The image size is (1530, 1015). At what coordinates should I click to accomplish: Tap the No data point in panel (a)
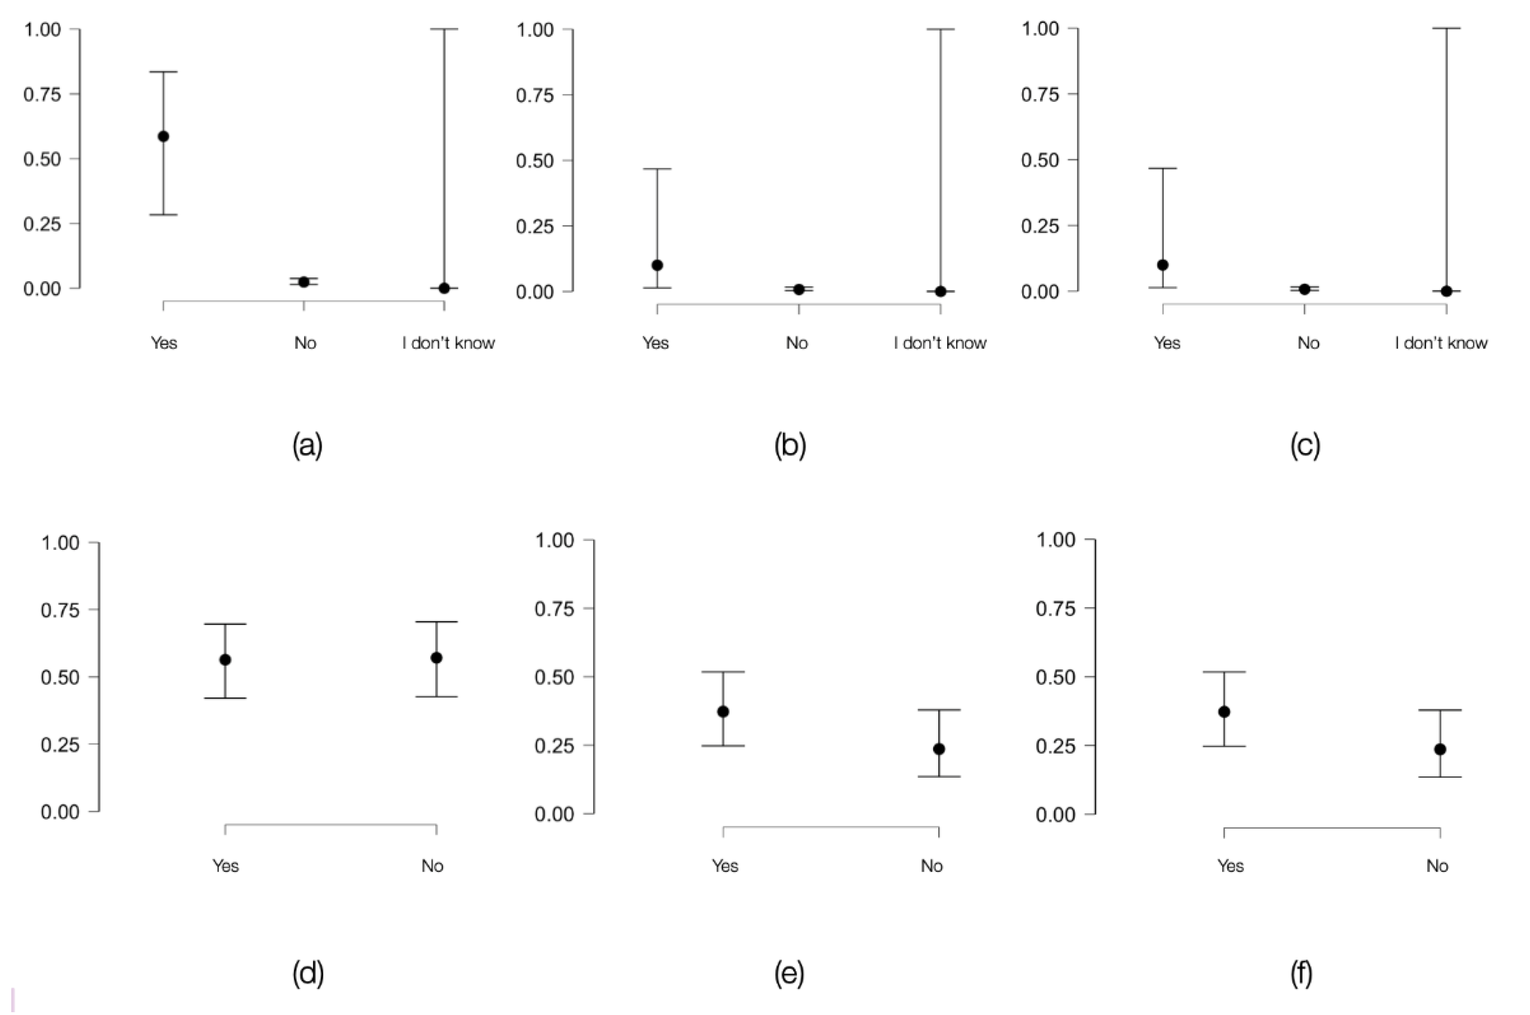pyautogui.click(x=304, y=282)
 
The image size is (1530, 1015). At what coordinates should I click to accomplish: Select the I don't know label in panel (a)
pyautogui.click(x=448, y=342)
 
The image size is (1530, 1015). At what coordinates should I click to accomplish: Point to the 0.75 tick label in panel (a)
pyautogui.click(x=42, y=94)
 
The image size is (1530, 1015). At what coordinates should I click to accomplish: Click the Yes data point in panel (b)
pyautogui.click(x=657, y=265)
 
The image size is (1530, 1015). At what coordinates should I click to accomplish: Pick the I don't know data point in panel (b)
pyautogui.click(x=941, y=291)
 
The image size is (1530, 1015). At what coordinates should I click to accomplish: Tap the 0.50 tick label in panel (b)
pyautogui.click(x=535, y=161)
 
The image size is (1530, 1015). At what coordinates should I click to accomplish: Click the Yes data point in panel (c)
pyautogui.click(x=1162, y=265)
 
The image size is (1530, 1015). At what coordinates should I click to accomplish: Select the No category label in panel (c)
pyautogui.click(x=1308, y=342)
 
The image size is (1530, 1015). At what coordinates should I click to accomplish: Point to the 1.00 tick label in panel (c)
pyautogui.click(x=1040, y=28)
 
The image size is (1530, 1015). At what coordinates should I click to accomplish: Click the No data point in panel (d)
pyautogui.click(x=436, y=658)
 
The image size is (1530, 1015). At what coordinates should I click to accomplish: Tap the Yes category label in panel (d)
pyautogui.click(x=225, y=866)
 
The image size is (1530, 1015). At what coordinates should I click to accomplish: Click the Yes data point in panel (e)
pyautogui.click(x=723, y=711)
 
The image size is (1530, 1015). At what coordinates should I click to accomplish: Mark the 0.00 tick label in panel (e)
pyautogui.click(x=554, y=814)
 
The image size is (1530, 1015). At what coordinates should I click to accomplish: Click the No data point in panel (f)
pyautogui.click(x=1440, y=749)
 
